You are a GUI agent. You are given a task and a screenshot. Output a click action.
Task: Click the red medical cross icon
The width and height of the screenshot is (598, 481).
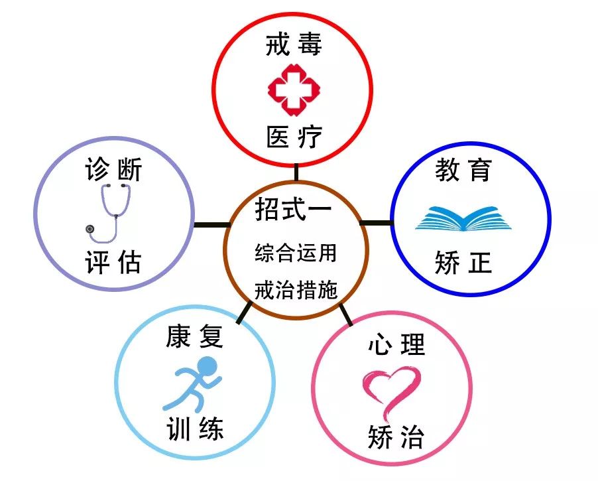[x=294, y=90]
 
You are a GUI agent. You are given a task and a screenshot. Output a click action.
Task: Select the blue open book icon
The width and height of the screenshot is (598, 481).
[x=463, y=219]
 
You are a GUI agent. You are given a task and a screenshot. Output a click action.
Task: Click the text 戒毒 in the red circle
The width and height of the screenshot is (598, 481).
[x=294, y=44]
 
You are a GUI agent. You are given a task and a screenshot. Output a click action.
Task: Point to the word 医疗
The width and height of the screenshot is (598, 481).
[x=294, y=137]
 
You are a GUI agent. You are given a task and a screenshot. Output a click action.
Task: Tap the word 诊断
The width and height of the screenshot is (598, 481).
[x=113, y=169]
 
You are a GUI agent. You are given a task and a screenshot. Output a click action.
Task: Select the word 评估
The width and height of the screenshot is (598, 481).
[x=113, y=262]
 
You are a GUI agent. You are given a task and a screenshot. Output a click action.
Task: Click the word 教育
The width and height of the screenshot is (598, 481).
[x=463, y=171]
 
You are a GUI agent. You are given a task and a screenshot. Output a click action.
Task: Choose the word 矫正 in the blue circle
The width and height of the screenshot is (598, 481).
[x=463, y=263]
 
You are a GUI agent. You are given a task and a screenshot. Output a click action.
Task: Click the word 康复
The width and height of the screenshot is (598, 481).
[x=194, y=336]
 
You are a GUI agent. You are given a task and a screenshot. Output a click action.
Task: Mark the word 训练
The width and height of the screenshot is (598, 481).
[x=194, y=429]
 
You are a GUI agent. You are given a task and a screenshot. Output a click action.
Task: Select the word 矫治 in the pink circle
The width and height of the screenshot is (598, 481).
[x=396, y=437]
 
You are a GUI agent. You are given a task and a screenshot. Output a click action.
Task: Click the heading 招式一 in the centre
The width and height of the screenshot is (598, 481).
[x=294, y=209]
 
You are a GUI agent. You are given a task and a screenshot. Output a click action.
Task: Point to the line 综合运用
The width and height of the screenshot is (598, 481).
[x=296, y=253]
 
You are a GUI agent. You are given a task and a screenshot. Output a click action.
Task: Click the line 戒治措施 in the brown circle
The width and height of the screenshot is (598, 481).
[x=296, y=290]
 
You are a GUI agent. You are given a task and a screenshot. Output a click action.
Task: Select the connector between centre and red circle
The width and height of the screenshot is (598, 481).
[x=296, y=172]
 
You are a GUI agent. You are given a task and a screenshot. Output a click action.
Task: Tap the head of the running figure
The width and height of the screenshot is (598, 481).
[x=206, y=367]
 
